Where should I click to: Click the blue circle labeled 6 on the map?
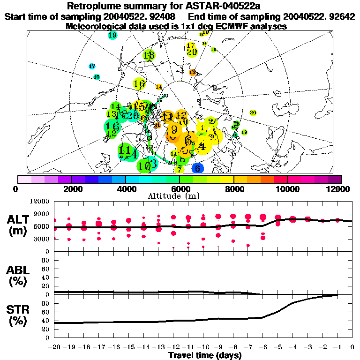(198, 168)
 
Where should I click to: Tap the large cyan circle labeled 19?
(112, 35)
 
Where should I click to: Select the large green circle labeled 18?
(149, 55)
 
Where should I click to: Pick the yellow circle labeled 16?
(139, 84)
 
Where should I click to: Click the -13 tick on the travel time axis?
(158, 347)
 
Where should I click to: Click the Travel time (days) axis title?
(205, 355)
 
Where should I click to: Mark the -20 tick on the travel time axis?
(54, 347)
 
